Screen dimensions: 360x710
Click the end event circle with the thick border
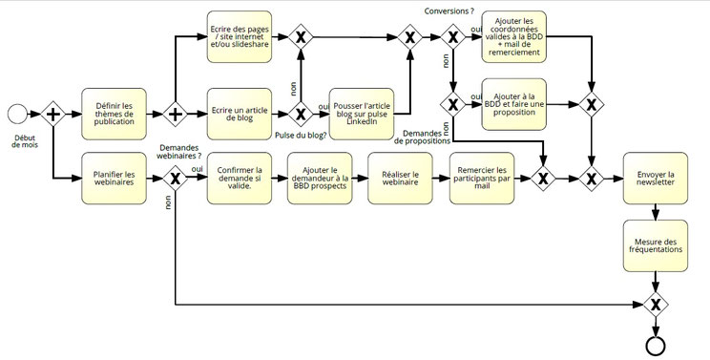656,345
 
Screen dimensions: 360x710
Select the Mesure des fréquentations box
656,244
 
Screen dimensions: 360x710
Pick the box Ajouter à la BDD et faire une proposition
513,103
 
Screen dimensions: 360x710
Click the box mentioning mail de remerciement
513,37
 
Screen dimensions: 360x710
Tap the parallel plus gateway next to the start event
52,115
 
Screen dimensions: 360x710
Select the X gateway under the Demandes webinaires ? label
176,177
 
